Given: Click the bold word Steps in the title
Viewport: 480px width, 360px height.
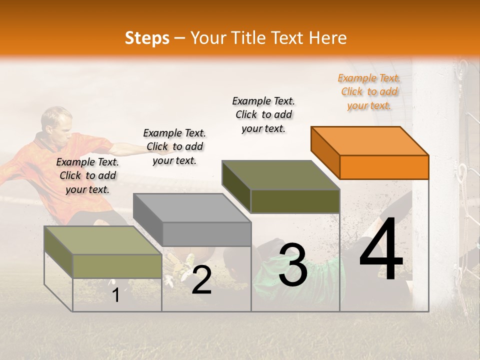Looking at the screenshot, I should coord(147,38).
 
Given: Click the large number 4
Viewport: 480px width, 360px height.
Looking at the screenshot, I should coord(381,249).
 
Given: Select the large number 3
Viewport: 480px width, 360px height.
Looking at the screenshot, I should coord(293,264).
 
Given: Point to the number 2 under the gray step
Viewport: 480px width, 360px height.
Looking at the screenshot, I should coord(201,280).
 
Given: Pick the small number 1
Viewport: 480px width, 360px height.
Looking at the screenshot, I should coord(115,295).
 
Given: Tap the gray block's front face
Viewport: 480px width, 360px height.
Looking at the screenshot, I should coord(207,234).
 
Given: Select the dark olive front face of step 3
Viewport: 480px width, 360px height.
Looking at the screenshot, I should coord(295,201).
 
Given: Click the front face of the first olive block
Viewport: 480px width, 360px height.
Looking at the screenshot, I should coord(117,266).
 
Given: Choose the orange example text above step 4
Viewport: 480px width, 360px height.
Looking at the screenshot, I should coord(369,91).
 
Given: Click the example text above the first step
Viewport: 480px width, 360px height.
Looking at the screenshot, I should coord(87,175).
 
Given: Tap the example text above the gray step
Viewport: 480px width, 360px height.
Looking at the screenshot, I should coord(174,146).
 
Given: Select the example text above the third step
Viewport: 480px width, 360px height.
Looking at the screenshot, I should coord(263,114).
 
